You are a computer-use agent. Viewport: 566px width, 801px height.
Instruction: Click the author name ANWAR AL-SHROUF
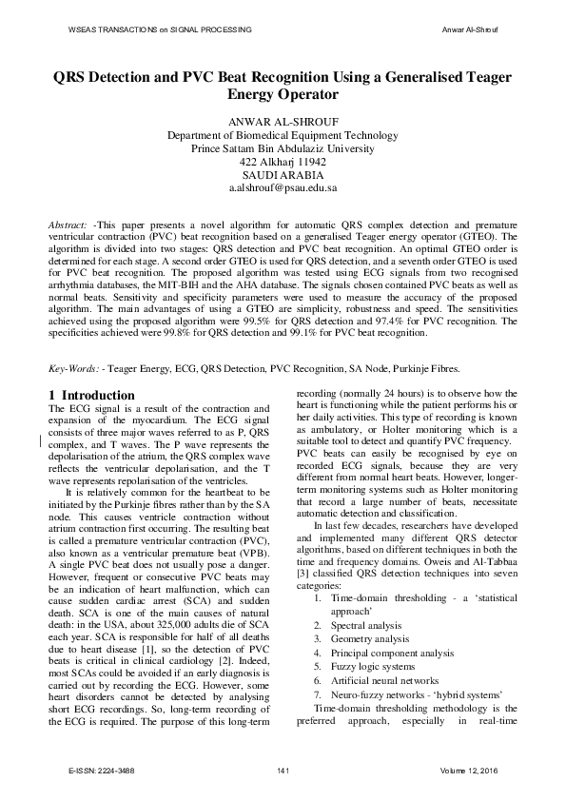(x=283, y=122)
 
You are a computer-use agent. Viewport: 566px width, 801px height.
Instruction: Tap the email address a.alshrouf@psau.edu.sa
(x=283, y=189)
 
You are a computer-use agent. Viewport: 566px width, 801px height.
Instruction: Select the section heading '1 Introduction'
(x=91, y=395)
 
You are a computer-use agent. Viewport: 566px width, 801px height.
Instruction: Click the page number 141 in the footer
(x=283, y=769)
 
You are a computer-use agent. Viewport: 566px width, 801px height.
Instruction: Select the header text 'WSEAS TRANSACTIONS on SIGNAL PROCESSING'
(x=161, y=30)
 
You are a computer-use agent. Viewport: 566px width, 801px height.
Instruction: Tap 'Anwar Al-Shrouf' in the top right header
(x=471, y=30)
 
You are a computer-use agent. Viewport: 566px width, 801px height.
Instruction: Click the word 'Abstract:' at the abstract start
(x=69, y=222)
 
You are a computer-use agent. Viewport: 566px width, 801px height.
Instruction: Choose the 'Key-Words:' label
(x=74, y=367)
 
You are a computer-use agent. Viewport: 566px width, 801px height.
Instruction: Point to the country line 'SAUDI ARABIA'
(x=283, y=176)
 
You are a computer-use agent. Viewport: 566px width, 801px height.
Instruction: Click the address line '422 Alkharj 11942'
(x=283, y=163)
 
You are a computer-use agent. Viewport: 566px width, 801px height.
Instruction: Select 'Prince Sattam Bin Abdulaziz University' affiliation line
(x=283, y=149)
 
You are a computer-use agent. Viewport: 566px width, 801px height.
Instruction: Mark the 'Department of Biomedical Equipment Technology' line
(x=283, y=136)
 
